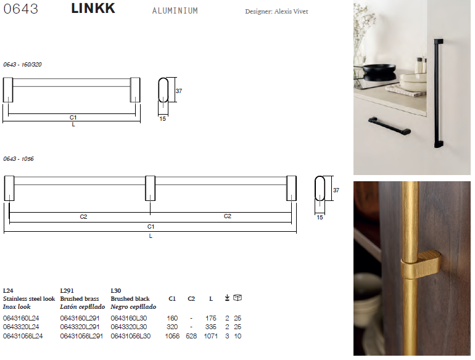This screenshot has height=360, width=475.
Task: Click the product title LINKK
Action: (x=93, y=8)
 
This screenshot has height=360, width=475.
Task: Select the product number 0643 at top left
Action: (x=20, y=9)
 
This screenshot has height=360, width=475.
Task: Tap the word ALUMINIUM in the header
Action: (x=175, y=11)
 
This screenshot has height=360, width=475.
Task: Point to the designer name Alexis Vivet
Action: (x=291, y=12)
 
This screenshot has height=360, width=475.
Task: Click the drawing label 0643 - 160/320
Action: (x=22, y=65)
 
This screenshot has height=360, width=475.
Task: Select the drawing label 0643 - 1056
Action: (x=19, y=159)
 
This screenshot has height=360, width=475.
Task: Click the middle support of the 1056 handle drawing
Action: (x=151, y=188)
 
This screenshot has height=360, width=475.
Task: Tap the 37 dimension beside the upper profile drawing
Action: (x=179, y=91)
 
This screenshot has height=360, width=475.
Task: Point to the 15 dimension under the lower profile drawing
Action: (x=320, y=218)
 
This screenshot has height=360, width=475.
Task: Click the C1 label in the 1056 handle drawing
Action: (x=151, y=226)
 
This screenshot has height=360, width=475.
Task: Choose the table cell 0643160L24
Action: (x=21, y=318)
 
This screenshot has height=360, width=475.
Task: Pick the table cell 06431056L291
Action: (x=81, y=336)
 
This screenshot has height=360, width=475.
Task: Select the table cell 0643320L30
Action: (x=129, y=327)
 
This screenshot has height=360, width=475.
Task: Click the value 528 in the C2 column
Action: (x=191, y=336)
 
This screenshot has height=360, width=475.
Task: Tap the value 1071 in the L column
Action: (x=210, y=336)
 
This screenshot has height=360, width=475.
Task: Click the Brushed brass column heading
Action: (x=80, y=299)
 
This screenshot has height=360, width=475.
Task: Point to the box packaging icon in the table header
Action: (x=238, y=298)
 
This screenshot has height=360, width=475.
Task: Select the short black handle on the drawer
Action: (x=390, y=126)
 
